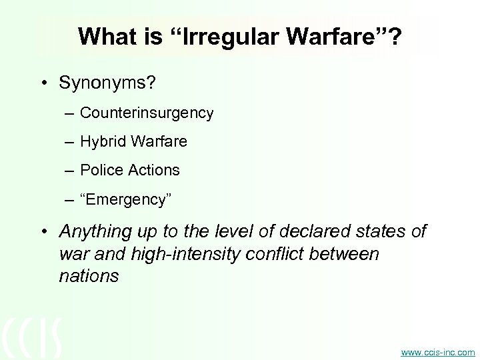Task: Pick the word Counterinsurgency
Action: tap(147, 113)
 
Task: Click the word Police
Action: tap(100, 170)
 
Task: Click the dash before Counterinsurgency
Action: tap(70, 114)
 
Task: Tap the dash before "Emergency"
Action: tap(70, 199)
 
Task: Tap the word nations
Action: tap(89, 276)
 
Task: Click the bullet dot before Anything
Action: tap(45, 232)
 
